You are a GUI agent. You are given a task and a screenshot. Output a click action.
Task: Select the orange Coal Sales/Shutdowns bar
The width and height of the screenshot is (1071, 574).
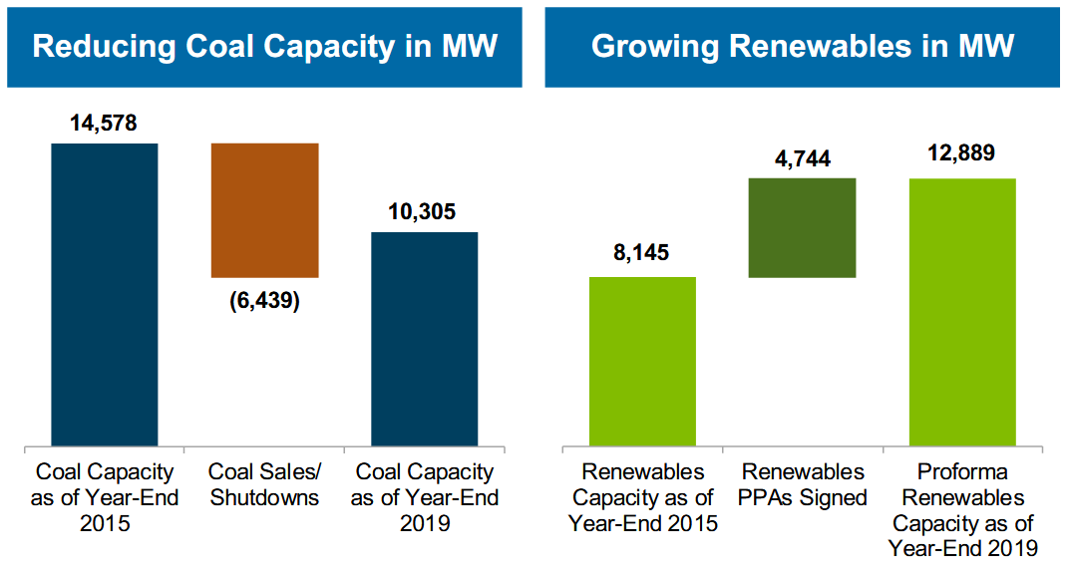coord(264,210)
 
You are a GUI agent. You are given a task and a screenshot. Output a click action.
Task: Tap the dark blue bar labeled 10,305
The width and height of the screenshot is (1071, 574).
coord(424,339)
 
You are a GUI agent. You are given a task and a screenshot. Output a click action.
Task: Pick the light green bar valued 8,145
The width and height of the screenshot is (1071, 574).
coord(642,361)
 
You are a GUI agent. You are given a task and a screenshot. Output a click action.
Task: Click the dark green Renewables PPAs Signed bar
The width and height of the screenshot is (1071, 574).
coord(802,228)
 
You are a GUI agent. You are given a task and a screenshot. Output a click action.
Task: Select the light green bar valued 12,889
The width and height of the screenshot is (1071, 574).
coord(962,312)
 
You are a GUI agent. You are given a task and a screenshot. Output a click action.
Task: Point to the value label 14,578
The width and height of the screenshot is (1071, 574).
coord(104,125)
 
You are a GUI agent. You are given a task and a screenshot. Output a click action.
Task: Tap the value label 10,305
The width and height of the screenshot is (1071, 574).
coord(424,212)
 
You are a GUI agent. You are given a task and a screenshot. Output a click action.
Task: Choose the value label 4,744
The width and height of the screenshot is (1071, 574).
coord(802,158)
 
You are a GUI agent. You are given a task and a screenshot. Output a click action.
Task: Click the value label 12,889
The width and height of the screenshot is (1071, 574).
coord(961,154)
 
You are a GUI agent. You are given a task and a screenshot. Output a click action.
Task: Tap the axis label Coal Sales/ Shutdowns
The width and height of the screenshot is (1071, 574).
coord(264,484)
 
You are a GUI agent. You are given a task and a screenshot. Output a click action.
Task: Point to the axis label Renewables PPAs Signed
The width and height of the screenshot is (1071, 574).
coord(804,484)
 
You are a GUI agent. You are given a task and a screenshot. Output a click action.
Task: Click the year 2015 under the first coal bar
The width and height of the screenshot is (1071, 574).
coord(105,522)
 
